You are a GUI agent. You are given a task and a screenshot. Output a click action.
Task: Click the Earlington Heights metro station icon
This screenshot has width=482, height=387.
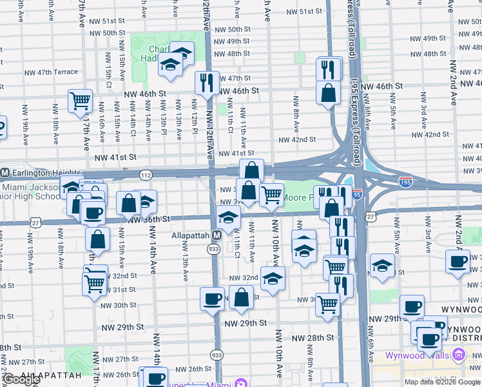[5, 173]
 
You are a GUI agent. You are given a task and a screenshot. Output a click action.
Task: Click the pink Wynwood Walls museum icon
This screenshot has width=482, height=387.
[459, 354]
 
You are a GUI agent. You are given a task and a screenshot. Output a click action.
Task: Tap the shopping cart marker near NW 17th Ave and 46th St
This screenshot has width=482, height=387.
[80, 101]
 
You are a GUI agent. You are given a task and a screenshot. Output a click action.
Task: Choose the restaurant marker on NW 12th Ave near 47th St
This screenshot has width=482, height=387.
[207, 82]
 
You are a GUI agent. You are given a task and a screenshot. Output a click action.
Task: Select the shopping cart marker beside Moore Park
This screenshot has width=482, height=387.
[271, 194]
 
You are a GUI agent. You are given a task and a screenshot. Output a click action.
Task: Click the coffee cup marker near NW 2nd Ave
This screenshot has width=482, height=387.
[458, 261]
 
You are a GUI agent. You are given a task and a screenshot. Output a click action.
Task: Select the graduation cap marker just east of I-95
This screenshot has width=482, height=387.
[382, 265]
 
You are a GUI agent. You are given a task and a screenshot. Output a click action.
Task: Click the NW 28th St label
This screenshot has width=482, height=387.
[313, 337]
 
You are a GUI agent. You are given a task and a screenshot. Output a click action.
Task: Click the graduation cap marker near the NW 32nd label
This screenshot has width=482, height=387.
[273, 279]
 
